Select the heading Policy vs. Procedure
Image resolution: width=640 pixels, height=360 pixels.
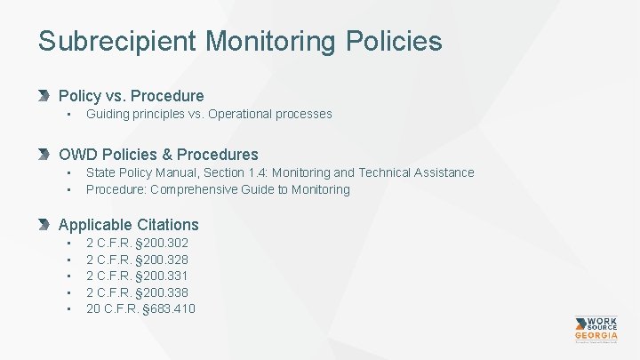(x=131, y=95)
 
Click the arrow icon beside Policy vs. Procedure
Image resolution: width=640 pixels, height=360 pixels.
(x=46, y=95)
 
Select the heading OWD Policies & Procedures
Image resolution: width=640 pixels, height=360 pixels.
(x=158, y=154)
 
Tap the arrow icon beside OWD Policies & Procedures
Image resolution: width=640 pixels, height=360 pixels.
(x=46, y=154)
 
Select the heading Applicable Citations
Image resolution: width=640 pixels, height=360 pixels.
(x=128, y=225)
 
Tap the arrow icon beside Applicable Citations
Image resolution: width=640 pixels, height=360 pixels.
(x=46, y=225)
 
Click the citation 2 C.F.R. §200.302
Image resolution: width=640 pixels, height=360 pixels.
(x=137, y=243)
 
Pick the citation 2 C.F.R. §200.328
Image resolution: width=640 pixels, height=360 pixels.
(x=137, y=260)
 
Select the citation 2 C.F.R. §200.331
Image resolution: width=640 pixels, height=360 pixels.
(x=137, y=276)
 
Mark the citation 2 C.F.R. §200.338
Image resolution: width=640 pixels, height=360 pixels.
(x=137, y=292)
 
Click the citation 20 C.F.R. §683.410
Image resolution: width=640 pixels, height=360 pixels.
(x=140, y=308)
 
